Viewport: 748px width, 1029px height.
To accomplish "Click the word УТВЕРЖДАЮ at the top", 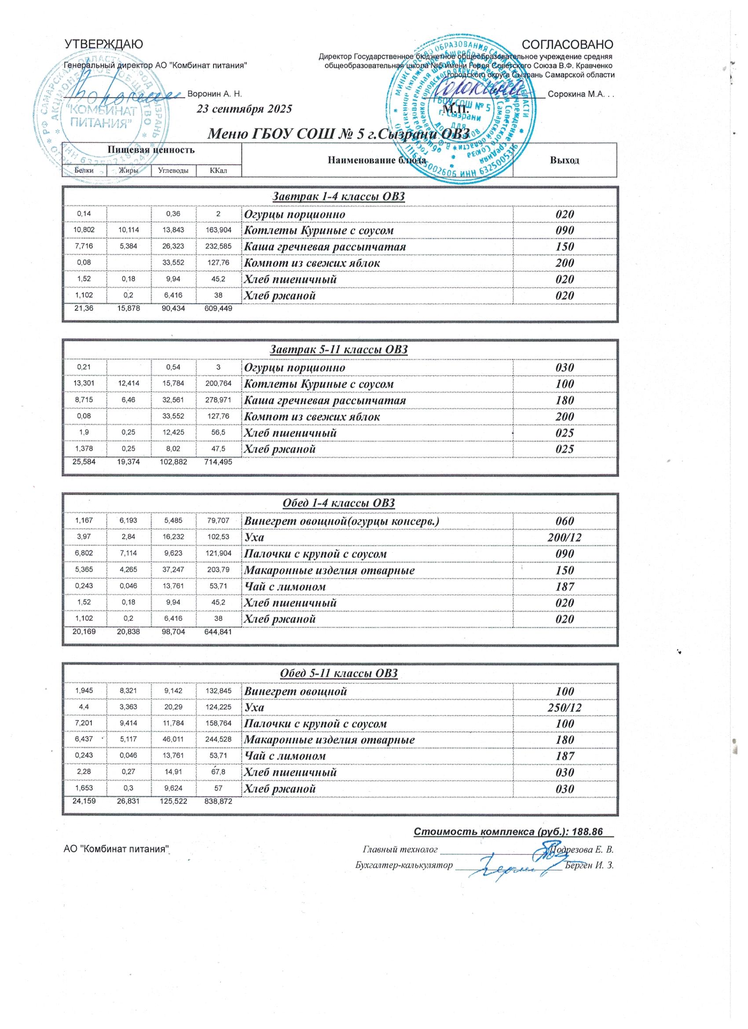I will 104,44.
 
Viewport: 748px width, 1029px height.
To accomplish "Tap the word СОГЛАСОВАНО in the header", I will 568,44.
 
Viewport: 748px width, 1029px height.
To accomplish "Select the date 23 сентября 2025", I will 244,109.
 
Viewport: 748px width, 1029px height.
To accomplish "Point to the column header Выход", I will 564,160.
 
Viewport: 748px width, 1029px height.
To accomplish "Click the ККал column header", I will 218,171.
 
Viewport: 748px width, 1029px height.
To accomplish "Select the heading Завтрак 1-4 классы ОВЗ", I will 338,196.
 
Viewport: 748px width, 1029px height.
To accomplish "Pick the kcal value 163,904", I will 219,231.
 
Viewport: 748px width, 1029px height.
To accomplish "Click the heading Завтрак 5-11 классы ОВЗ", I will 339,350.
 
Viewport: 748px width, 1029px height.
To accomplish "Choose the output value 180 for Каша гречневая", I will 564,400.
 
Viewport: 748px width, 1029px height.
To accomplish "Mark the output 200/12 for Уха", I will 564,538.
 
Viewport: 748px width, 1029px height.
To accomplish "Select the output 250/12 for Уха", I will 564,708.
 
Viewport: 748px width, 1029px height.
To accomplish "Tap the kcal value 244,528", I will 219,740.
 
